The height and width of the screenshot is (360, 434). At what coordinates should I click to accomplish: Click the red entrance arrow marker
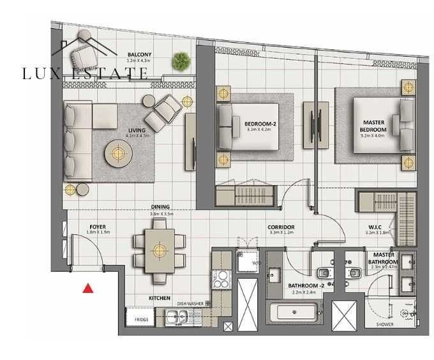click(89, 288)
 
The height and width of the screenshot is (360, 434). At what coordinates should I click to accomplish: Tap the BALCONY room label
click(139, 54)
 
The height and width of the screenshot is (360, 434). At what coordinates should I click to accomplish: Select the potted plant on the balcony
click(181, 61)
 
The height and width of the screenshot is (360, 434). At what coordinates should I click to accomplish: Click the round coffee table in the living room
click(117, 153)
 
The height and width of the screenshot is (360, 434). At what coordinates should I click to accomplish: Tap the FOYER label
click(98, 225)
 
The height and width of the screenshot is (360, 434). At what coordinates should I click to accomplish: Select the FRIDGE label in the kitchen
click(141, 318)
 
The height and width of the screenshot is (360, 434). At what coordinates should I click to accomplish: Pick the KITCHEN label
click(159, 297)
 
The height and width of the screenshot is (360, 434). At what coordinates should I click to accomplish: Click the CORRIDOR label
click(281, 227)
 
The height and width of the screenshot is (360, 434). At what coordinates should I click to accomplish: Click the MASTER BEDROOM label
click(373, 126)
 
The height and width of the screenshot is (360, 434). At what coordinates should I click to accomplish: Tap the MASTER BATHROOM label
click(383, 258)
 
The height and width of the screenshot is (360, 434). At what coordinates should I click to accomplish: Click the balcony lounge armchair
click(84, 47)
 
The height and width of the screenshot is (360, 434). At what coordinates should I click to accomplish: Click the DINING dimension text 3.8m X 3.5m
click(161, 214)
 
